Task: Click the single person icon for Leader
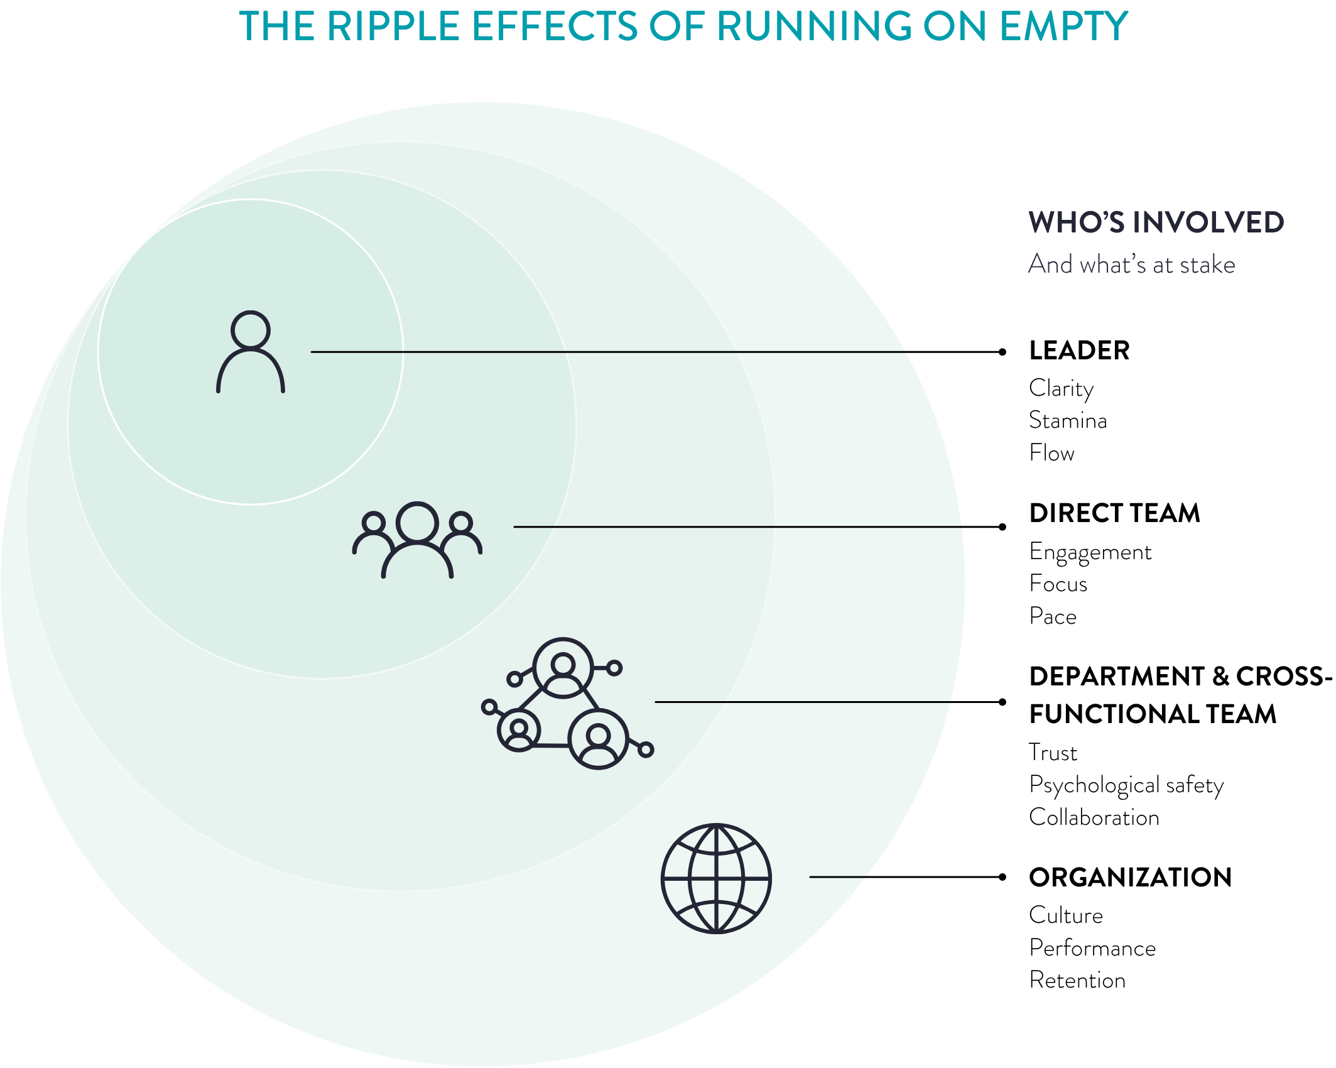pyautogui.click(x=251, y=352)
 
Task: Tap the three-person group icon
pyautogui.click(x=417, y=540)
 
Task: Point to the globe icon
pyautogui.click(x=716, y=878)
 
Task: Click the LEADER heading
pyautogui.click(x=1079, y=351)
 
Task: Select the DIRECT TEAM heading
pyautogui.click(x=1114, y=513)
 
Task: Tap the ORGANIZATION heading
pyautogui.click(x=1130, y=878)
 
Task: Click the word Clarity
pyautogui.click(x=1061, y=388)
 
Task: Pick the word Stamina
pyautogui.click(x=1068, y=420)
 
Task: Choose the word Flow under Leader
pyautogui.click(x=1051, y=453)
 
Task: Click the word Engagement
pyautogui.click(x=1090, y=552)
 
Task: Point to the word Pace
pyautogui.click(x=1053, y=616)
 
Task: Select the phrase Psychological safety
pyautogui.click(x=1126, y=785)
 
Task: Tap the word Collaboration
pyautogui.click(x=1094, y=817)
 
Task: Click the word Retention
pyautogui.click(x=1077, y=980)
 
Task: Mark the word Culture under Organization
pyautogui.click(x=1066, y=915)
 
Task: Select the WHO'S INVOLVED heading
pyautogui.click(x=1156, y=222)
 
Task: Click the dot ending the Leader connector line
pyautogui.click(x=1002, y=352)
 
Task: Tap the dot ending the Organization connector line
pyautogui.click(x=1002, y=877)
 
